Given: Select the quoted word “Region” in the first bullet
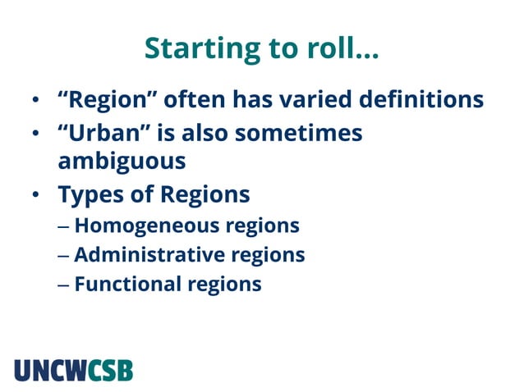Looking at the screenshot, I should tap(107, 100).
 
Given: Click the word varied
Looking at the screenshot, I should tap(310, 100).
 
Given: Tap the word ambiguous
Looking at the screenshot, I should tap(122, 161).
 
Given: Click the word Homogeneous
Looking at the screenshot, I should tap(144, 226).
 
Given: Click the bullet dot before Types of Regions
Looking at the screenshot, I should tap(36, 197).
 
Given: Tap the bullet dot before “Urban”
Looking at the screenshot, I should tap(36, 134).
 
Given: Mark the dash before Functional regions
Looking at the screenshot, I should tap(64, 285).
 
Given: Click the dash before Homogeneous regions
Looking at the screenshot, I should tap(64, 226).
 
